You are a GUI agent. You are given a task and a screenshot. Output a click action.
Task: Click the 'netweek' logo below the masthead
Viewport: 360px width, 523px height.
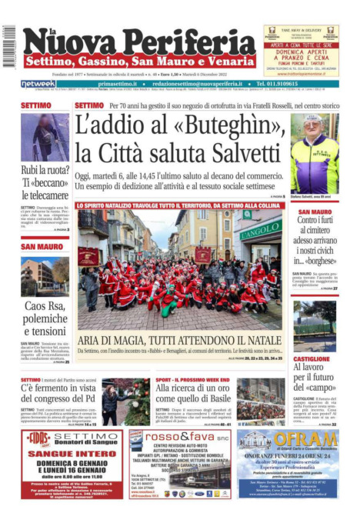[x=38, y=83]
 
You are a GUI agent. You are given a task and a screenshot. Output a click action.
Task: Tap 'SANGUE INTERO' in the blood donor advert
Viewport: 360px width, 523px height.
[x=61, y=455]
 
